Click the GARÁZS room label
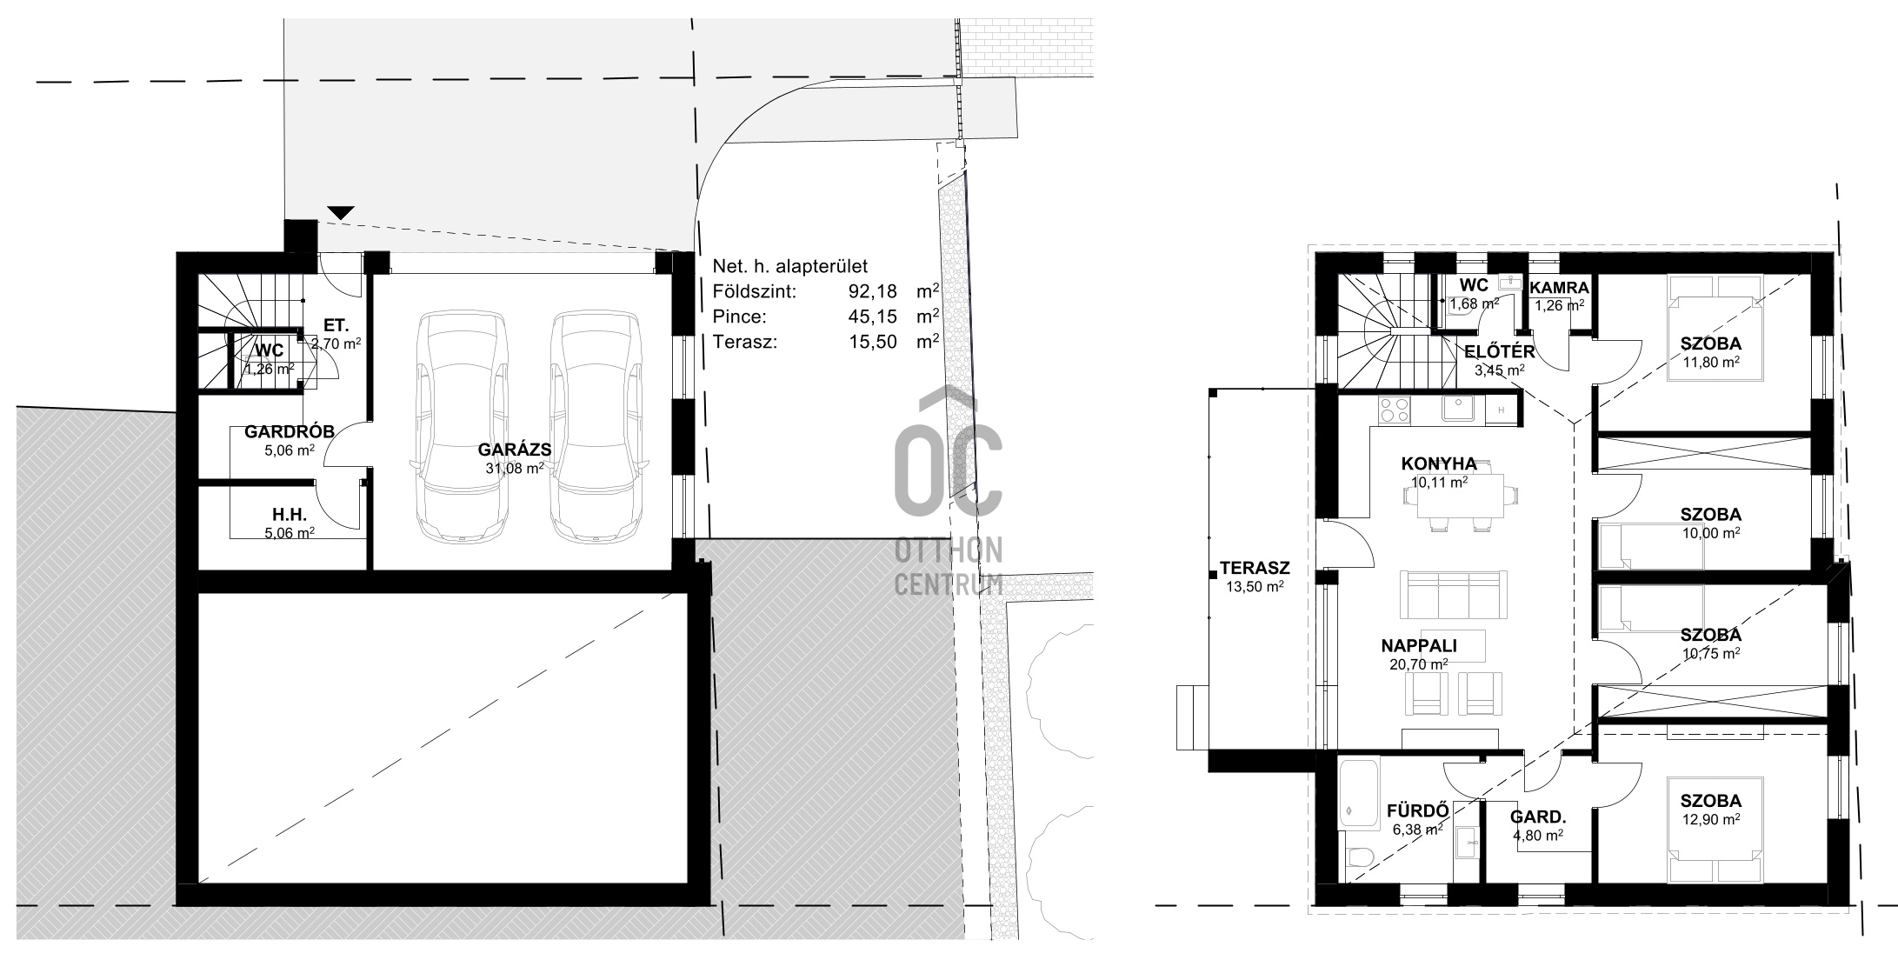[x=515, y=450]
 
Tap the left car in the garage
[x=462, y=425]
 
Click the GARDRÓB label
[x=290, y=432]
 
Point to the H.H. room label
[x=290, y=515]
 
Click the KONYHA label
[x=1439, y=463]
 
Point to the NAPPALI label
[x=1419, y=646]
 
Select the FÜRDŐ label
[x=1417, y=811]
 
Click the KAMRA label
[x=1560, y=288]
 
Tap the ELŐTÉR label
[x=1500, y=351]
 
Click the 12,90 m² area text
[x=1710, y=819]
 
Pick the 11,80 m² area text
[x=1710, y=361]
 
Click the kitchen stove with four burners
[x=1394, y=409]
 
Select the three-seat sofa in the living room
[x=1454, y=594]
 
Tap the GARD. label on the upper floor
[x=1538, y=817]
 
